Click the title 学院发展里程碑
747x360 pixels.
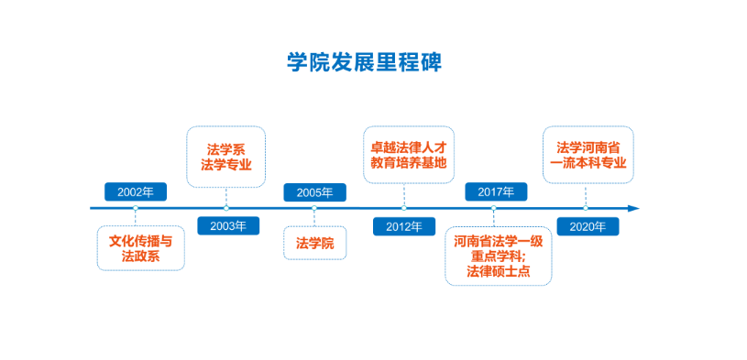click(x=365, y=62)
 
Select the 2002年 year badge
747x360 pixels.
click(x=136, y=191)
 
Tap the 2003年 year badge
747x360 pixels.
click(x=228, y=226)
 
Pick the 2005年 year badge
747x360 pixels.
click(x=315, y=192)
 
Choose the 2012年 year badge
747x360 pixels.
click(x=404, y=226)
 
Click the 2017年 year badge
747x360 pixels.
click(x=496, y=191)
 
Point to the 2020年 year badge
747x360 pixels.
click(x=588, y=226)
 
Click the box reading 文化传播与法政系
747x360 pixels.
click(x=140, y=248)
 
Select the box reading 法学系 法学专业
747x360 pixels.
click(x=225, y=157)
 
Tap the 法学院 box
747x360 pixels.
click(x=315, y=243)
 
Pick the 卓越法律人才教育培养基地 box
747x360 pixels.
click(x=409, y=154)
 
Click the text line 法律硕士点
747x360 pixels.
click(x=499, y=271)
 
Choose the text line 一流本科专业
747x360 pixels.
click(x=588, y=163)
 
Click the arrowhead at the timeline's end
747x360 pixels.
click(x=633, y=208)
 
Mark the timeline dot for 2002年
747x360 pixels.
click(x=136, y=208)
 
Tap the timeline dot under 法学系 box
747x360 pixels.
click(x=226, y=208)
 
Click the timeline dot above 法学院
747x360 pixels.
click(x=314, y=208)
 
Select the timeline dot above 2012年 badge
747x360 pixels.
click(x=404, y=208)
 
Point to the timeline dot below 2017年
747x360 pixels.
click(x=493, y=208)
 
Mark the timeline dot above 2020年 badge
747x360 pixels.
click(x=586, y=208)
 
